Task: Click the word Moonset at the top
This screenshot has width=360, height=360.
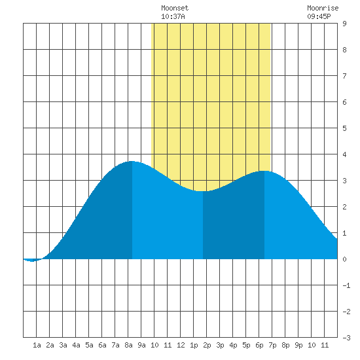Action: click(175, 8)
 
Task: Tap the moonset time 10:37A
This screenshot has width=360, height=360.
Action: click(173, 16)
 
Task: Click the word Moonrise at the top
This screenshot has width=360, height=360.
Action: click(323, 8)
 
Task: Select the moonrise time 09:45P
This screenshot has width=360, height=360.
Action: click(319, 16)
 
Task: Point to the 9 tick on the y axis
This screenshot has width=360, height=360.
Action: click(344, 24)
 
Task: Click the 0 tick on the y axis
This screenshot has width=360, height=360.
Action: click(344, 259)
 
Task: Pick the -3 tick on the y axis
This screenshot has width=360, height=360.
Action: click(346, 338)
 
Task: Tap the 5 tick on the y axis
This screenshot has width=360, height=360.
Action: click(344, 128)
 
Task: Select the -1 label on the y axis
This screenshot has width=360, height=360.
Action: click(346, 285)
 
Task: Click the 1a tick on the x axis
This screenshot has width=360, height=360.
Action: click(37, 345)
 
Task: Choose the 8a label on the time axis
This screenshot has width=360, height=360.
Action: click(128, 345)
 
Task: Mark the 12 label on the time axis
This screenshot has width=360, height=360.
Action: click(181, 345)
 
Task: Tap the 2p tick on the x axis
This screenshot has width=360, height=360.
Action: click(207, 345)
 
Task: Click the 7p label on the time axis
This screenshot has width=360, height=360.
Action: click(272, 345)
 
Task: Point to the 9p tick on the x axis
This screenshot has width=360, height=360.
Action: click(298, 345)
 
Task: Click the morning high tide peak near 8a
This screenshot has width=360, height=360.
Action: click(132, 162)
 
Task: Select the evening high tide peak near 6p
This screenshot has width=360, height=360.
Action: click(264, 171)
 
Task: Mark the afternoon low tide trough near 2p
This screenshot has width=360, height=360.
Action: click(203, 190)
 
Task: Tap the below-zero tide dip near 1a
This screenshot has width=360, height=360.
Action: click(32, 261)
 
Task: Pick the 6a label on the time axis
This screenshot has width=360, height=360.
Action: click(102, 345)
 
